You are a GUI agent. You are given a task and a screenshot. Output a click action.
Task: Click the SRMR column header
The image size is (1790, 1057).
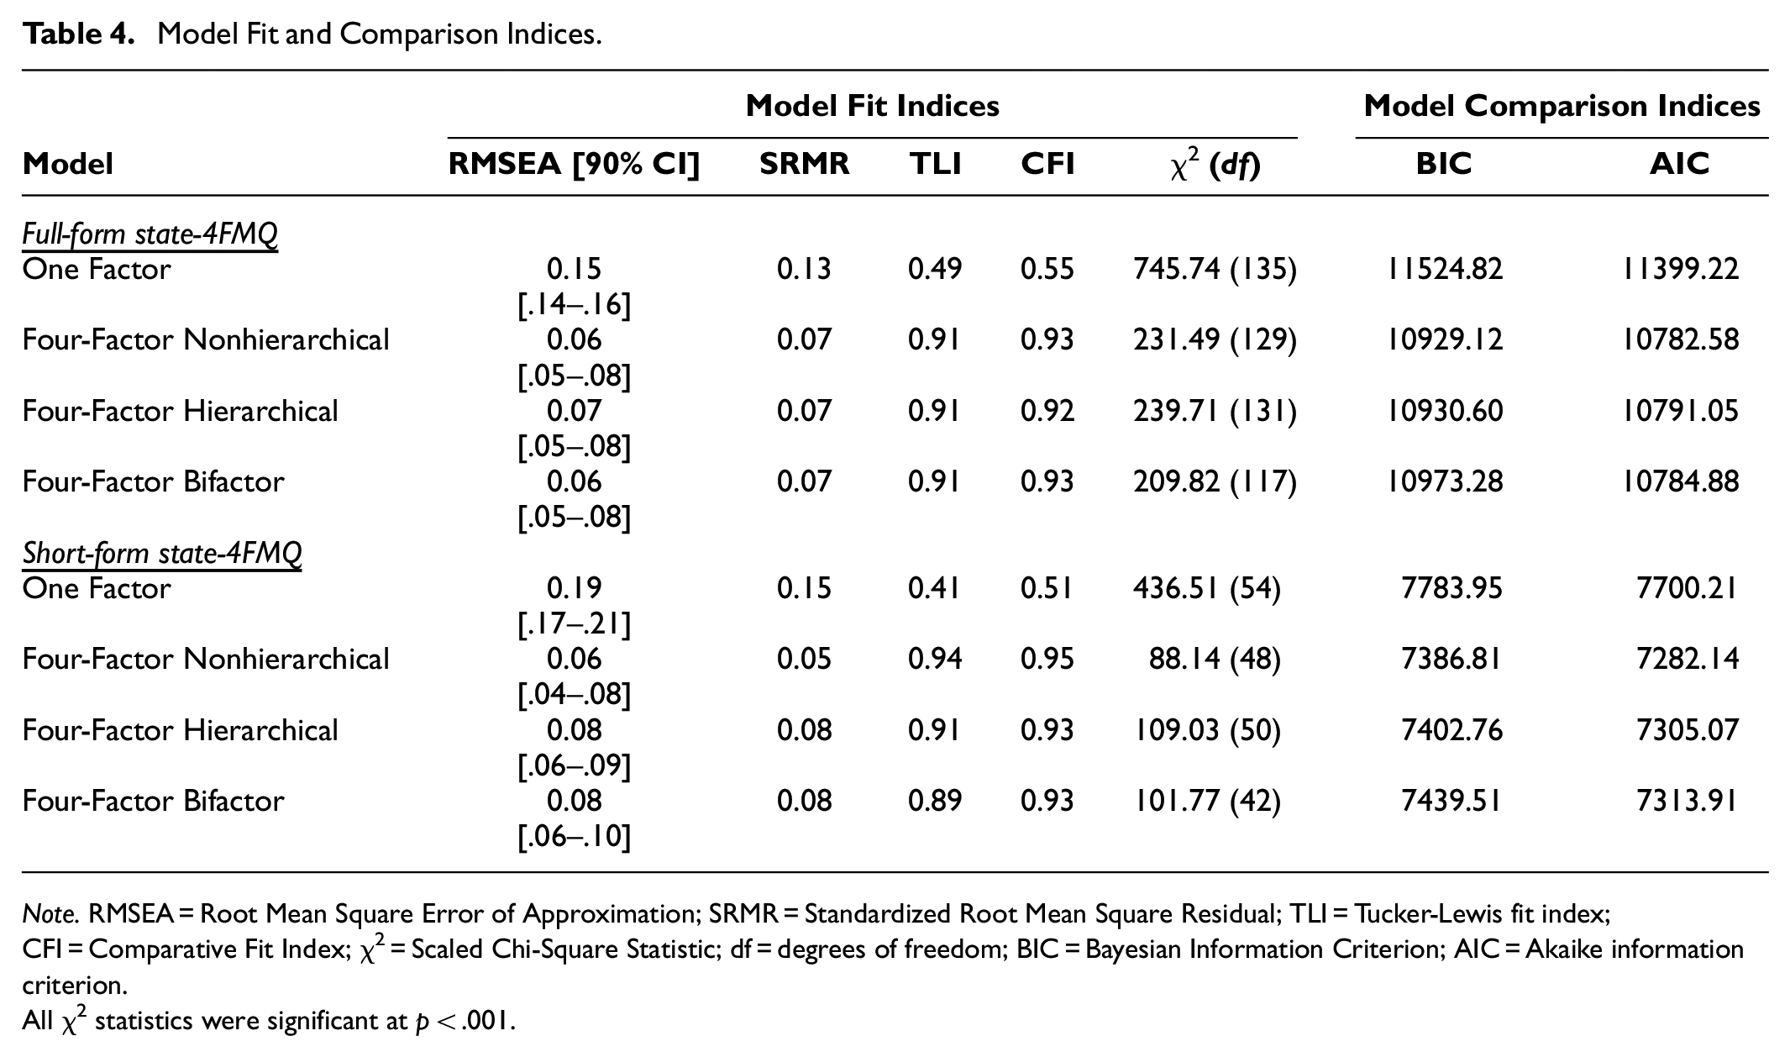tap(804, 164)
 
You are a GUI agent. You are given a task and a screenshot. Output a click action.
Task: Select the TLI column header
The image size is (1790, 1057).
tap(935, 164)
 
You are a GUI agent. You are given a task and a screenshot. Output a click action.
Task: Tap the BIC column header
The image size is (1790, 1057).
tap(1444, 164)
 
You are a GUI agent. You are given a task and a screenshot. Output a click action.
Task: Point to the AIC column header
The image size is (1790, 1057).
tap(1679, 164)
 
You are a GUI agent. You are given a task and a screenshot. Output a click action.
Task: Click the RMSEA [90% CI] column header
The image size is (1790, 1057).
tap(574, 164)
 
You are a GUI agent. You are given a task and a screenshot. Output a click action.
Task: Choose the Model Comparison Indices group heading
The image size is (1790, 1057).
tap(1562, 106)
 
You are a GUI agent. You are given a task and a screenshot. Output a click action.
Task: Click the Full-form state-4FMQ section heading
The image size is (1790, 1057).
tap(150, 234)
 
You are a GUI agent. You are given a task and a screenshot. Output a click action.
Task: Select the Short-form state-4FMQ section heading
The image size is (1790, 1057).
tap(161, 553)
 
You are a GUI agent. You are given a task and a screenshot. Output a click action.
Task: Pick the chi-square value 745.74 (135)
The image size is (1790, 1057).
tap(1215, 270)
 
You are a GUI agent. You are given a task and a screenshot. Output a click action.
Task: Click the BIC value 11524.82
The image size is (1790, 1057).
tap(1445, 270)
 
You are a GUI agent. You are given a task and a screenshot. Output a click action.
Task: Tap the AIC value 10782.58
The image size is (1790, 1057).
tap(1680, 340)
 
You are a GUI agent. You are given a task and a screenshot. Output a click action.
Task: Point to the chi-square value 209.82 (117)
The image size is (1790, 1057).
tap(1215, 482)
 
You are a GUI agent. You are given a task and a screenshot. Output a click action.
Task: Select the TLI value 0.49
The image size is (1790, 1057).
tap(935, 270)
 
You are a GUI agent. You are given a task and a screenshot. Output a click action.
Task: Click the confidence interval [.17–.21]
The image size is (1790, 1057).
tap(574, 624)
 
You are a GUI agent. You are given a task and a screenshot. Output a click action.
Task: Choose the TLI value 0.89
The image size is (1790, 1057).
tap(935, 801)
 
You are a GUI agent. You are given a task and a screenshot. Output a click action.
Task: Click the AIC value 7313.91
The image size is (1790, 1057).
tap(1687, 801)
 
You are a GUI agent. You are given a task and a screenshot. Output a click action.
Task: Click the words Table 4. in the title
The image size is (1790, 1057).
tap(78, 34)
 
